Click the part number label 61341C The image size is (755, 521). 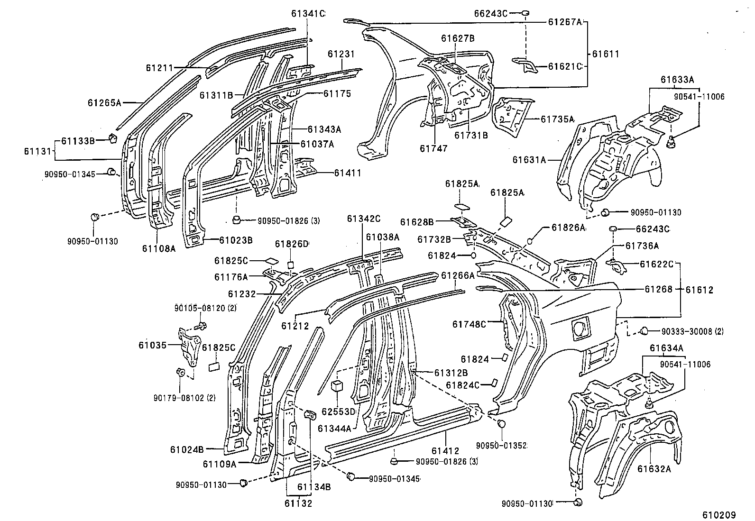[308, 14]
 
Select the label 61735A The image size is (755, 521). [557, 119]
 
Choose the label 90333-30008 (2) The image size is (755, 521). [690, 331]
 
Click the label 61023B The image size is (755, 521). [236, 240]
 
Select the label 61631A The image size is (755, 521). [529, 160]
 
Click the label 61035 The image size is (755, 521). [153, 345]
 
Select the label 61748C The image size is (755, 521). [469, 324]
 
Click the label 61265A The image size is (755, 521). [105, 102]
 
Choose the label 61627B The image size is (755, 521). [458, 39]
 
